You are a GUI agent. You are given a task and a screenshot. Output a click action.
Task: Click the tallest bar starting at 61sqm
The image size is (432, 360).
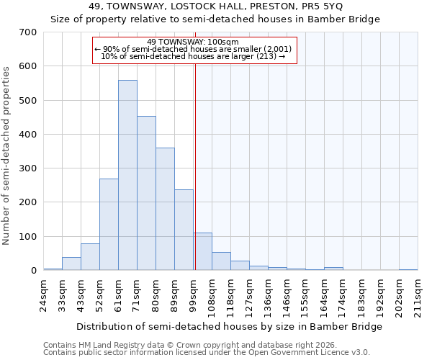click(127, 175)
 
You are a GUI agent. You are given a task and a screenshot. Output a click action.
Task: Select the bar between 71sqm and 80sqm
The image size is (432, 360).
click(146, 193)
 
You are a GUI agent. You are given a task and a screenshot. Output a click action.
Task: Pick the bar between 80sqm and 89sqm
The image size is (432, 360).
click(165, 209)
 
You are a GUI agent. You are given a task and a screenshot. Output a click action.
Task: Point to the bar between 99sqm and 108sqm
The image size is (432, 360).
click(202, 251)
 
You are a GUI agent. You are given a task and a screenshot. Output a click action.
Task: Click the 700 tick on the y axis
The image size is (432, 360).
click(28, 32)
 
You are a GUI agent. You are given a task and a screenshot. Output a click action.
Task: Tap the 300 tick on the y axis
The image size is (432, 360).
click(28, 168)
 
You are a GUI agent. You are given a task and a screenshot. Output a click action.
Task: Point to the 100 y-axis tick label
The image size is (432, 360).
click(28, 237)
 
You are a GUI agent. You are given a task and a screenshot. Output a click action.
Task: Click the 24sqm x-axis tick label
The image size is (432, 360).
click(43, 292)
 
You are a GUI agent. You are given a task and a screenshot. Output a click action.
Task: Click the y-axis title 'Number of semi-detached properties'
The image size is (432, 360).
click(7, 155)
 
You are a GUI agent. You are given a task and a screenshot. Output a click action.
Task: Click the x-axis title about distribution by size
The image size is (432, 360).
click(229, 326)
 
